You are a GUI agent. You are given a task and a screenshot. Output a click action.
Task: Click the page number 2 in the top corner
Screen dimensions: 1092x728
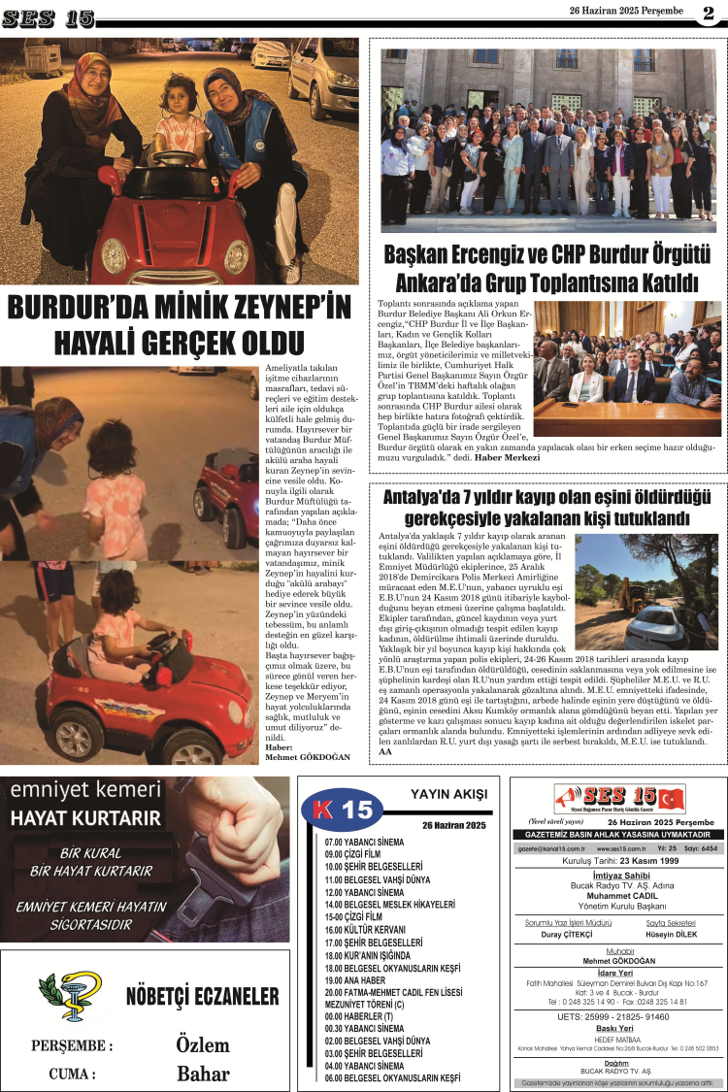[x=709, y=13]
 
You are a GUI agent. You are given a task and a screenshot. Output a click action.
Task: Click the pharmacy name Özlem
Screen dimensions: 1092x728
[x=203, y=1044]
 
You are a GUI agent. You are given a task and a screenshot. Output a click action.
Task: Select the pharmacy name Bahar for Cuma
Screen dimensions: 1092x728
[x=203, y=1073]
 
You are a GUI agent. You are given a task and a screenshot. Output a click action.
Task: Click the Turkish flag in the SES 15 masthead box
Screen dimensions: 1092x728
[x=670, y=799]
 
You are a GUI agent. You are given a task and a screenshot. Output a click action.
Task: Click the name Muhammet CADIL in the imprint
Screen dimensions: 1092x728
[x=617, y=897]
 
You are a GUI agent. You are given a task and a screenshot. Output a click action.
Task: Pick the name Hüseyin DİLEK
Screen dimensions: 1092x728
[x=670, y=934]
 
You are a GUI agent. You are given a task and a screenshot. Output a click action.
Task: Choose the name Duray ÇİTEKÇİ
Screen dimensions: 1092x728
[x=568, y=934]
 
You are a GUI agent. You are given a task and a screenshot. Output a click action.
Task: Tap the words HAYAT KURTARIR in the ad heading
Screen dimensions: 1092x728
[x=72, y=818]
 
